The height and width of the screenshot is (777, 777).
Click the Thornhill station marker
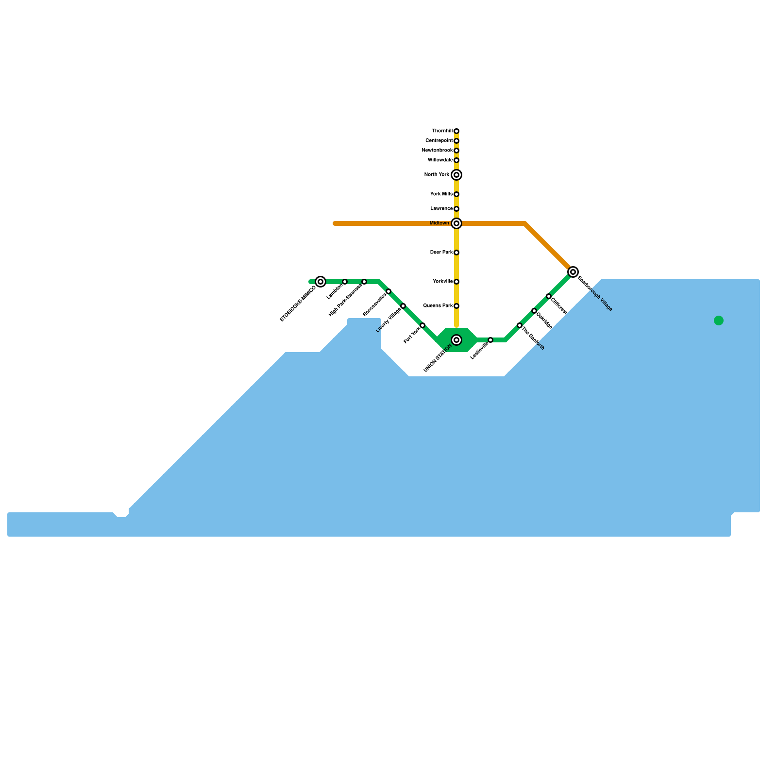tap(456, 131)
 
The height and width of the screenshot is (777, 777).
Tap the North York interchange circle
tap(456, 175)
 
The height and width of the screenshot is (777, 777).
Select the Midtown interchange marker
tap(456, 223)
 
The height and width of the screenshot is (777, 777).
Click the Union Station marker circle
tap(456, 340)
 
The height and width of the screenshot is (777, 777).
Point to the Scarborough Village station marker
tap(573, 272)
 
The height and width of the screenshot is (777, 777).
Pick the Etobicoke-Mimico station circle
tap(321, 282)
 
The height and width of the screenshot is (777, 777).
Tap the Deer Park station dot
tap(456, 253)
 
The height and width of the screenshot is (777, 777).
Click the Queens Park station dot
tap(456, 306)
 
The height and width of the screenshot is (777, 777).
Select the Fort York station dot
tap(422, 325)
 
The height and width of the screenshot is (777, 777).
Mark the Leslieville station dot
tap(490, 340)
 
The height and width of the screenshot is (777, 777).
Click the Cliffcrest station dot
tap(549, 296)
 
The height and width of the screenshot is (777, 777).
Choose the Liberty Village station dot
tap(403, 306)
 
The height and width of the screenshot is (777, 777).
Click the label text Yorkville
tap(442, 282)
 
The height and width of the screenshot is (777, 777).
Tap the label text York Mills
tap(441, 194)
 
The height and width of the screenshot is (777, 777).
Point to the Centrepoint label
tap(439, 141)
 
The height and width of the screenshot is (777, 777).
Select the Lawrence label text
tap(441, 209)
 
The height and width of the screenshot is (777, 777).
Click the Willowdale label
tap(440, 160)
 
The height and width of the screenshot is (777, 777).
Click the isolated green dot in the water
tap(719, 321)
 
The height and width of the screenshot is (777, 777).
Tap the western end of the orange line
tap(335, 223)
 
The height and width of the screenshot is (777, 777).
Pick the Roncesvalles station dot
tap(388, 291)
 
